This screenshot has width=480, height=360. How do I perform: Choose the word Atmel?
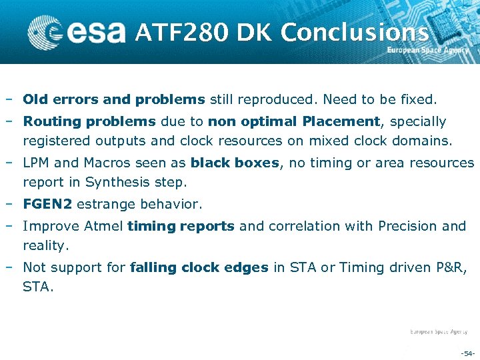pyautogui.click(x=105, y=226)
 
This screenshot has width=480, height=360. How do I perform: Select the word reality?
pyautogui.click(x=45, y=246)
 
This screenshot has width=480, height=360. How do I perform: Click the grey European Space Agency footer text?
pyautogui.click(x=438, y=331)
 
